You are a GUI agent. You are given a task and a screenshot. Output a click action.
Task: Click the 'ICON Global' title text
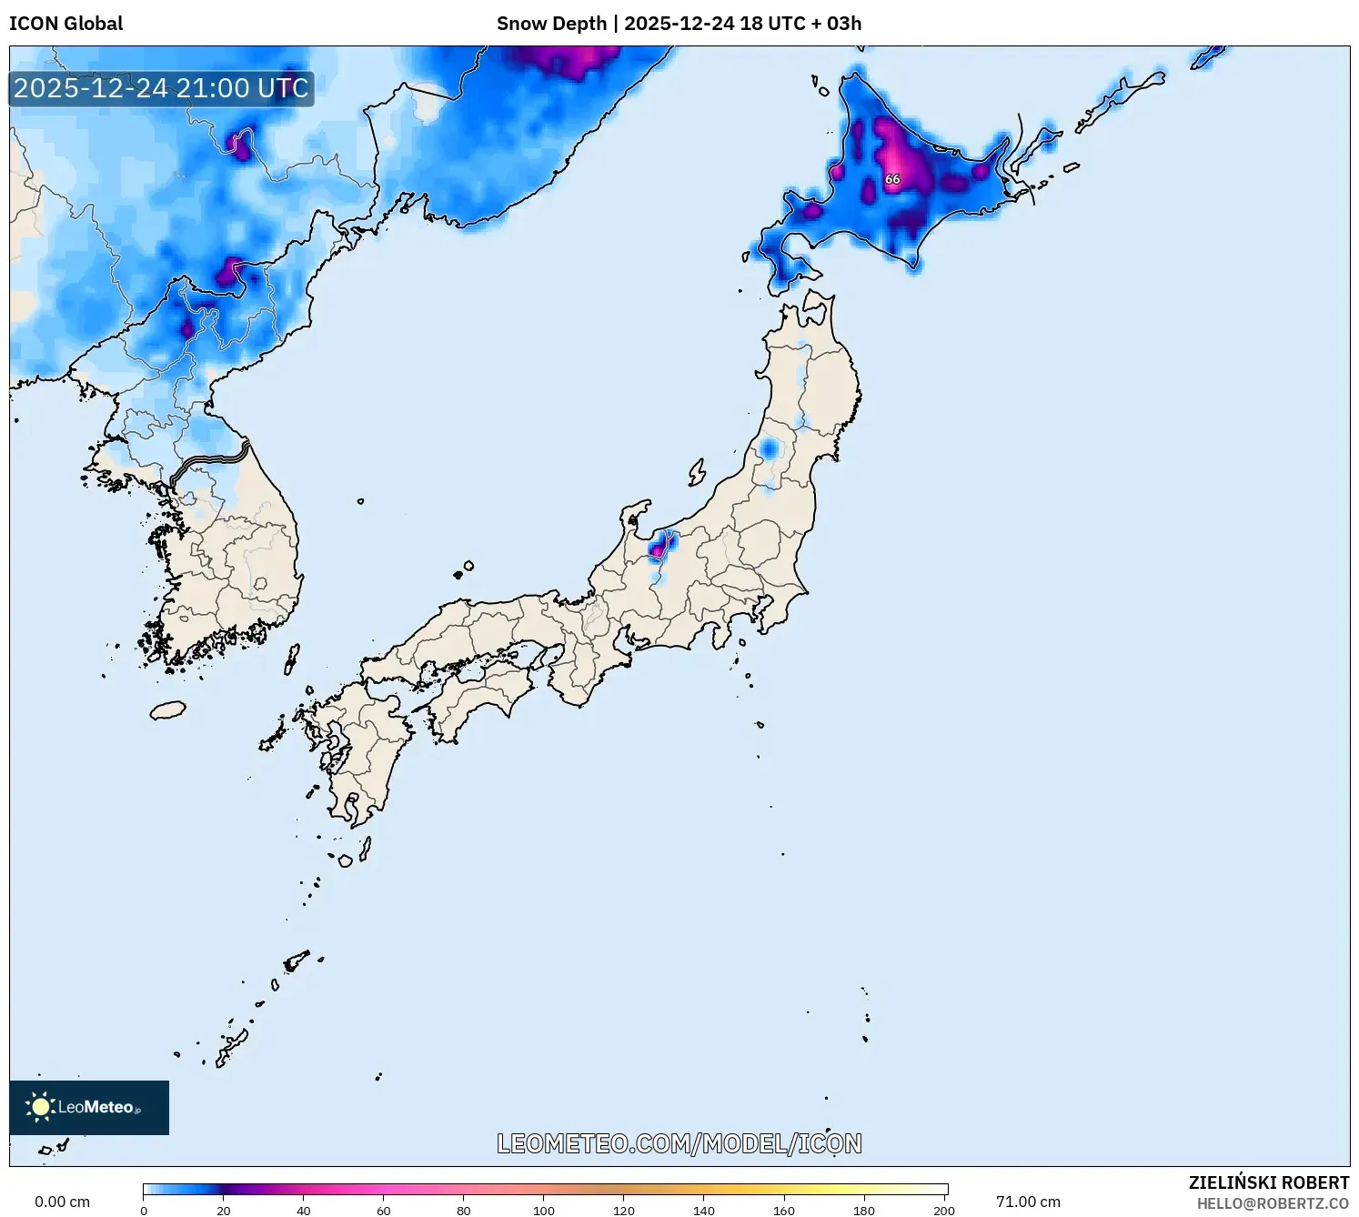pos(65,24)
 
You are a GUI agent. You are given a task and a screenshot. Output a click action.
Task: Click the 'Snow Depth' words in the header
pos(551,24)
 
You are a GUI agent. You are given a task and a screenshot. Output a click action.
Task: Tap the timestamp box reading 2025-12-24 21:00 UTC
pos(161,88)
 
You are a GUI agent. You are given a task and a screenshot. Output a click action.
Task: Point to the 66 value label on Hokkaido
pos(892,179)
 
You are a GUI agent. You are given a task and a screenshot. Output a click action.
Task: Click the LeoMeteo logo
pos(88,1107)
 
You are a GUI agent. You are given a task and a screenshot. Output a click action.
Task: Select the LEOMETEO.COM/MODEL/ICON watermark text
pos(679,1143)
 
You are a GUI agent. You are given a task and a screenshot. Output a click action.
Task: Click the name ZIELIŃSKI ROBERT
pos(1268,1182)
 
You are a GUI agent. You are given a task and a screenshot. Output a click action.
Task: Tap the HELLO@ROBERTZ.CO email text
pos(1273,1203)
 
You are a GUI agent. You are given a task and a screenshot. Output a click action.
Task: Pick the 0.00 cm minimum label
pos(62,1202)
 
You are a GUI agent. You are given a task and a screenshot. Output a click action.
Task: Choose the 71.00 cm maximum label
pos(1028,1202)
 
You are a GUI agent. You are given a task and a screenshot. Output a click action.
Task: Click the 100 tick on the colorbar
pos(544,1211)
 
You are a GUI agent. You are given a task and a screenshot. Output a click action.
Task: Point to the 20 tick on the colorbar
pos(224,1211)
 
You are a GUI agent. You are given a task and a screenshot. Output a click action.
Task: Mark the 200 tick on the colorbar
pos(944,1211)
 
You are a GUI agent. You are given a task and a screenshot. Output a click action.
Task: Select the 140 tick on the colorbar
pos(704,1211)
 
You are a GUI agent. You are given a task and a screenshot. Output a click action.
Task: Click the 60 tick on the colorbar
pos(384,1211)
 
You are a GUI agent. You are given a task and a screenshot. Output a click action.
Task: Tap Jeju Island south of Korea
pos(167,709)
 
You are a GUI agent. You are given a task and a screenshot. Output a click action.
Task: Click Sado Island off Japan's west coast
pos(697,472)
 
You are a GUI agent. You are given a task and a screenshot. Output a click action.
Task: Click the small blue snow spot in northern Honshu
pos(770,449)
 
